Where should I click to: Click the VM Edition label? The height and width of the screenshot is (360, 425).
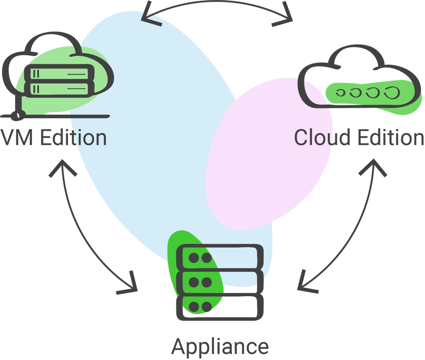(x=53, y=138)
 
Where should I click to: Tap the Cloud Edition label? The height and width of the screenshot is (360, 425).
(x=359, y=138)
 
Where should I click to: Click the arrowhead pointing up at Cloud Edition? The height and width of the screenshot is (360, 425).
(x=374, y=166)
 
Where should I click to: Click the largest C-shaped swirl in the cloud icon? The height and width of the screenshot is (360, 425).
(x=391, y=92)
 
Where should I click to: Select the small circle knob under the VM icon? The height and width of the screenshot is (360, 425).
(x=17, y=114)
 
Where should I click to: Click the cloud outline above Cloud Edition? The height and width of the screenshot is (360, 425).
(x=357, y=61)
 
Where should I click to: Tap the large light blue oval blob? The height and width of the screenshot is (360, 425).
(x=141, y=141)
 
